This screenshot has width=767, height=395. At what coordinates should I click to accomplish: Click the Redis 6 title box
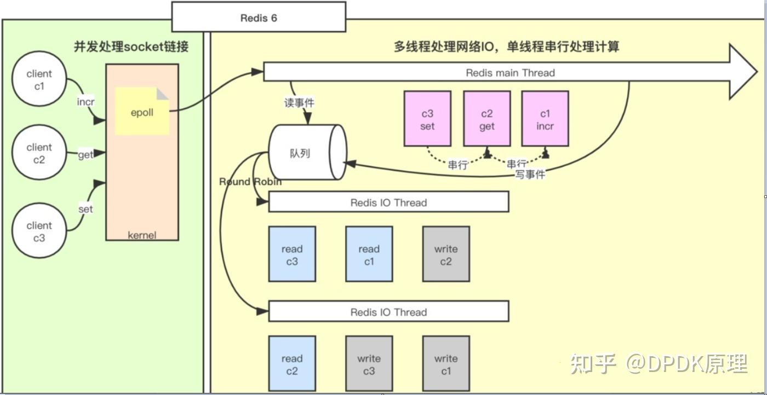(259, 18)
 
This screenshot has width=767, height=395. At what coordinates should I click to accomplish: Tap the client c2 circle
(39, 154)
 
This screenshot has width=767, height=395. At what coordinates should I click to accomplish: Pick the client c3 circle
(39, 231)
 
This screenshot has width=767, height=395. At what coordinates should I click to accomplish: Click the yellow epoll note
(142, 112)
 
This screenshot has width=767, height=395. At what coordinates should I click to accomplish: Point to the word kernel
(142, 235)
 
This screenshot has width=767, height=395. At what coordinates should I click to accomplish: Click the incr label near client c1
(85, 102)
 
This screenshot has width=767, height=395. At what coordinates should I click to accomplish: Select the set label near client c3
(85, 209)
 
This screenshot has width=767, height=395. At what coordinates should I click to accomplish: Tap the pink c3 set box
(427, 119)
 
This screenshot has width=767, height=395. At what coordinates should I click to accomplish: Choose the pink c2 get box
(487, 119)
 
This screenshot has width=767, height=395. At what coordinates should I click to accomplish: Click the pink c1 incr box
(545, 119)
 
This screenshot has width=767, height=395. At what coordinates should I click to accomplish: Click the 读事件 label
(300, 102)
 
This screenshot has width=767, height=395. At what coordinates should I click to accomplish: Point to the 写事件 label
(530, 175)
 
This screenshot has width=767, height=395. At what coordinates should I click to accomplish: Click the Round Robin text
(250, 182)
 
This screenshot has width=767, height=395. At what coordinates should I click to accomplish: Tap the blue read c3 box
(292, 254)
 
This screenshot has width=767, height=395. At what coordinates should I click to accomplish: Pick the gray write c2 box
(446, 254)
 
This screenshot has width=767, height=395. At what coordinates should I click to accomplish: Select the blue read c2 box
(292, 364)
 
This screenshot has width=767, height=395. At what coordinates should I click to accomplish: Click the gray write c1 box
(446, 364)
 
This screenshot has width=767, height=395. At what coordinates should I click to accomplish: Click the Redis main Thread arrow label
(510, 73)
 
